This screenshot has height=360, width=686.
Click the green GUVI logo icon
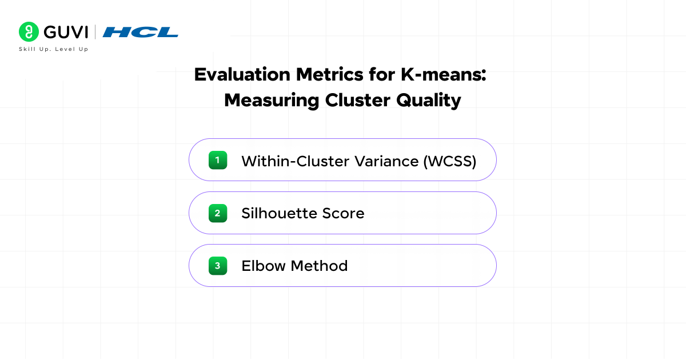click(x=29, y=32)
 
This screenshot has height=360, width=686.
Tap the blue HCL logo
click(x=140, y=32)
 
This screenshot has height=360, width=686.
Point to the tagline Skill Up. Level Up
click(x=54, y=49)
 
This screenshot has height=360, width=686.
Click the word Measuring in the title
click(x=272, y=100)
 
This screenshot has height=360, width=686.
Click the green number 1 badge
click(x=218, y=160)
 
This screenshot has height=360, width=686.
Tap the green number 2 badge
click(x=218, y=213)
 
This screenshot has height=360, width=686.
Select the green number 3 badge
click(x=218, y=266)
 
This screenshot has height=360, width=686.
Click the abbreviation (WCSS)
click(x=450, y=161)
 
